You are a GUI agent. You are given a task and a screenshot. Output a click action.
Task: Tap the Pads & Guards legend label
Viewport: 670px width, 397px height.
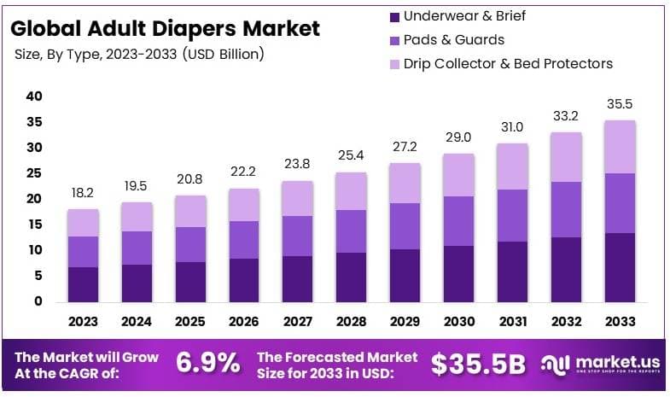pos(453,39)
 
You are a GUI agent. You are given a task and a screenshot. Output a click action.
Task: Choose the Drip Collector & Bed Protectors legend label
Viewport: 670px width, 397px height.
pos(508,63)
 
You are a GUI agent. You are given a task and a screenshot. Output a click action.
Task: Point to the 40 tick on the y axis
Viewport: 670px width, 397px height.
pos(33,96)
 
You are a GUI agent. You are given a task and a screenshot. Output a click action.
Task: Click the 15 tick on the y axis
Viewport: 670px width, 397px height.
pos(33,225)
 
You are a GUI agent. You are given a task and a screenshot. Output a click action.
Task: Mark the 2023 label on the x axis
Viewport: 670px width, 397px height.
pos(84,322)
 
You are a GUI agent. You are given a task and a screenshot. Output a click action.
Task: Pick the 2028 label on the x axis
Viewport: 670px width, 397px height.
pos(350,322)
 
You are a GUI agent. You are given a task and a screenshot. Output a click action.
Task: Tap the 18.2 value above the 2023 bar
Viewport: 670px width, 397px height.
pos(84,194)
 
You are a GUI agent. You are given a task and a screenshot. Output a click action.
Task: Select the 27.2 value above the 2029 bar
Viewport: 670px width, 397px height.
pos(403,147)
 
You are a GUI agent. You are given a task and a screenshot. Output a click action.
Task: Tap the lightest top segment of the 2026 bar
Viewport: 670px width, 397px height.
pos(243,205)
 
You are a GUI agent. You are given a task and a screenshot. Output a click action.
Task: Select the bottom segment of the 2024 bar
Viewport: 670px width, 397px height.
pos(137,283)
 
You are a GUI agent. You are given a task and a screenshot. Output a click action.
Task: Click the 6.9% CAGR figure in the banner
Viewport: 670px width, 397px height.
pos(207,363)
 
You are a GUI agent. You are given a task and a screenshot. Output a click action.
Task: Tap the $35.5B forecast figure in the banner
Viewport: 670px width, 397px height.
pos(478,364)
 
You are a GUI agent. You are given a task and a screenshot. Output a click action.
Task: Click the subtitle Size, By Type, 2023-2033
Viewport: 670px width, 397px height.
pos(140,54)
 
